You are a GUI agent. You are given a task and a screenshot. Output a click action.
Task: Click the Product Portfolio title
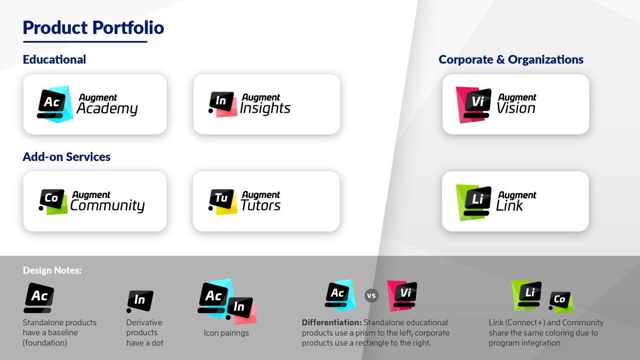[x=93, y=28]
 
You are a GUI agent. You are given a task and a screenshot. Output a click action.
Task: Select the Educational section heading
[x=54, y=60]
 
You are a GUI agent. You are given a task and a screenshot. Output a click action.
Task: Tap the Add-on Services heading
[x=67, y=157]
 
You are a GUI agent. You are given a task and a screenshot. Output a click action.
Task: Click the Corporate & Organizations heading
[x=511, y=60]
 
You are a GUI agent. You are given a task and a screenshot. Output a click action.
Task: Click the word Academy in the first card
[x=107, y=109]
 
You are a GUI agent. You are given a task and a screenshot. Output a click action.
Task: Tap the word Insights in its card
[x=265, y=109]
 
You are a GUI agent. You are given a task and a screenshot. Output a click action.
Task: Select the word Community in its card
[x=107, y=206]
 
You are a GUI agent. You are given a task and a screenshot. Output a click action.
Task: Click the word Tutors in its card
[x=260, y=206]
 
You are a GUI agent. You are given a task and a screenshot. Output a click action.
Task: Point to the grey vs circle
[x=372, y=295]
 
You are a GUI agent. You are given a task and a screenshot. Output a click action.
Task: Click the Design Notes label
[x=52, y=270]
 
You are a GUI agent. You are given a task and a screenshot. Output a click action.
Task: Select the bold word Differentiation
[x=331, y=323]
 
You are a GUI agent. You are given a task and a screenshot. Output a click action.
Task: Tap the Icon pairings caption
[x=226, y=333]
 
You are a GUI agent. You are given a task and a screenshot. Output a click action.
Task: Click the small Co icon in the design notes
[x=561, y=301]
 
